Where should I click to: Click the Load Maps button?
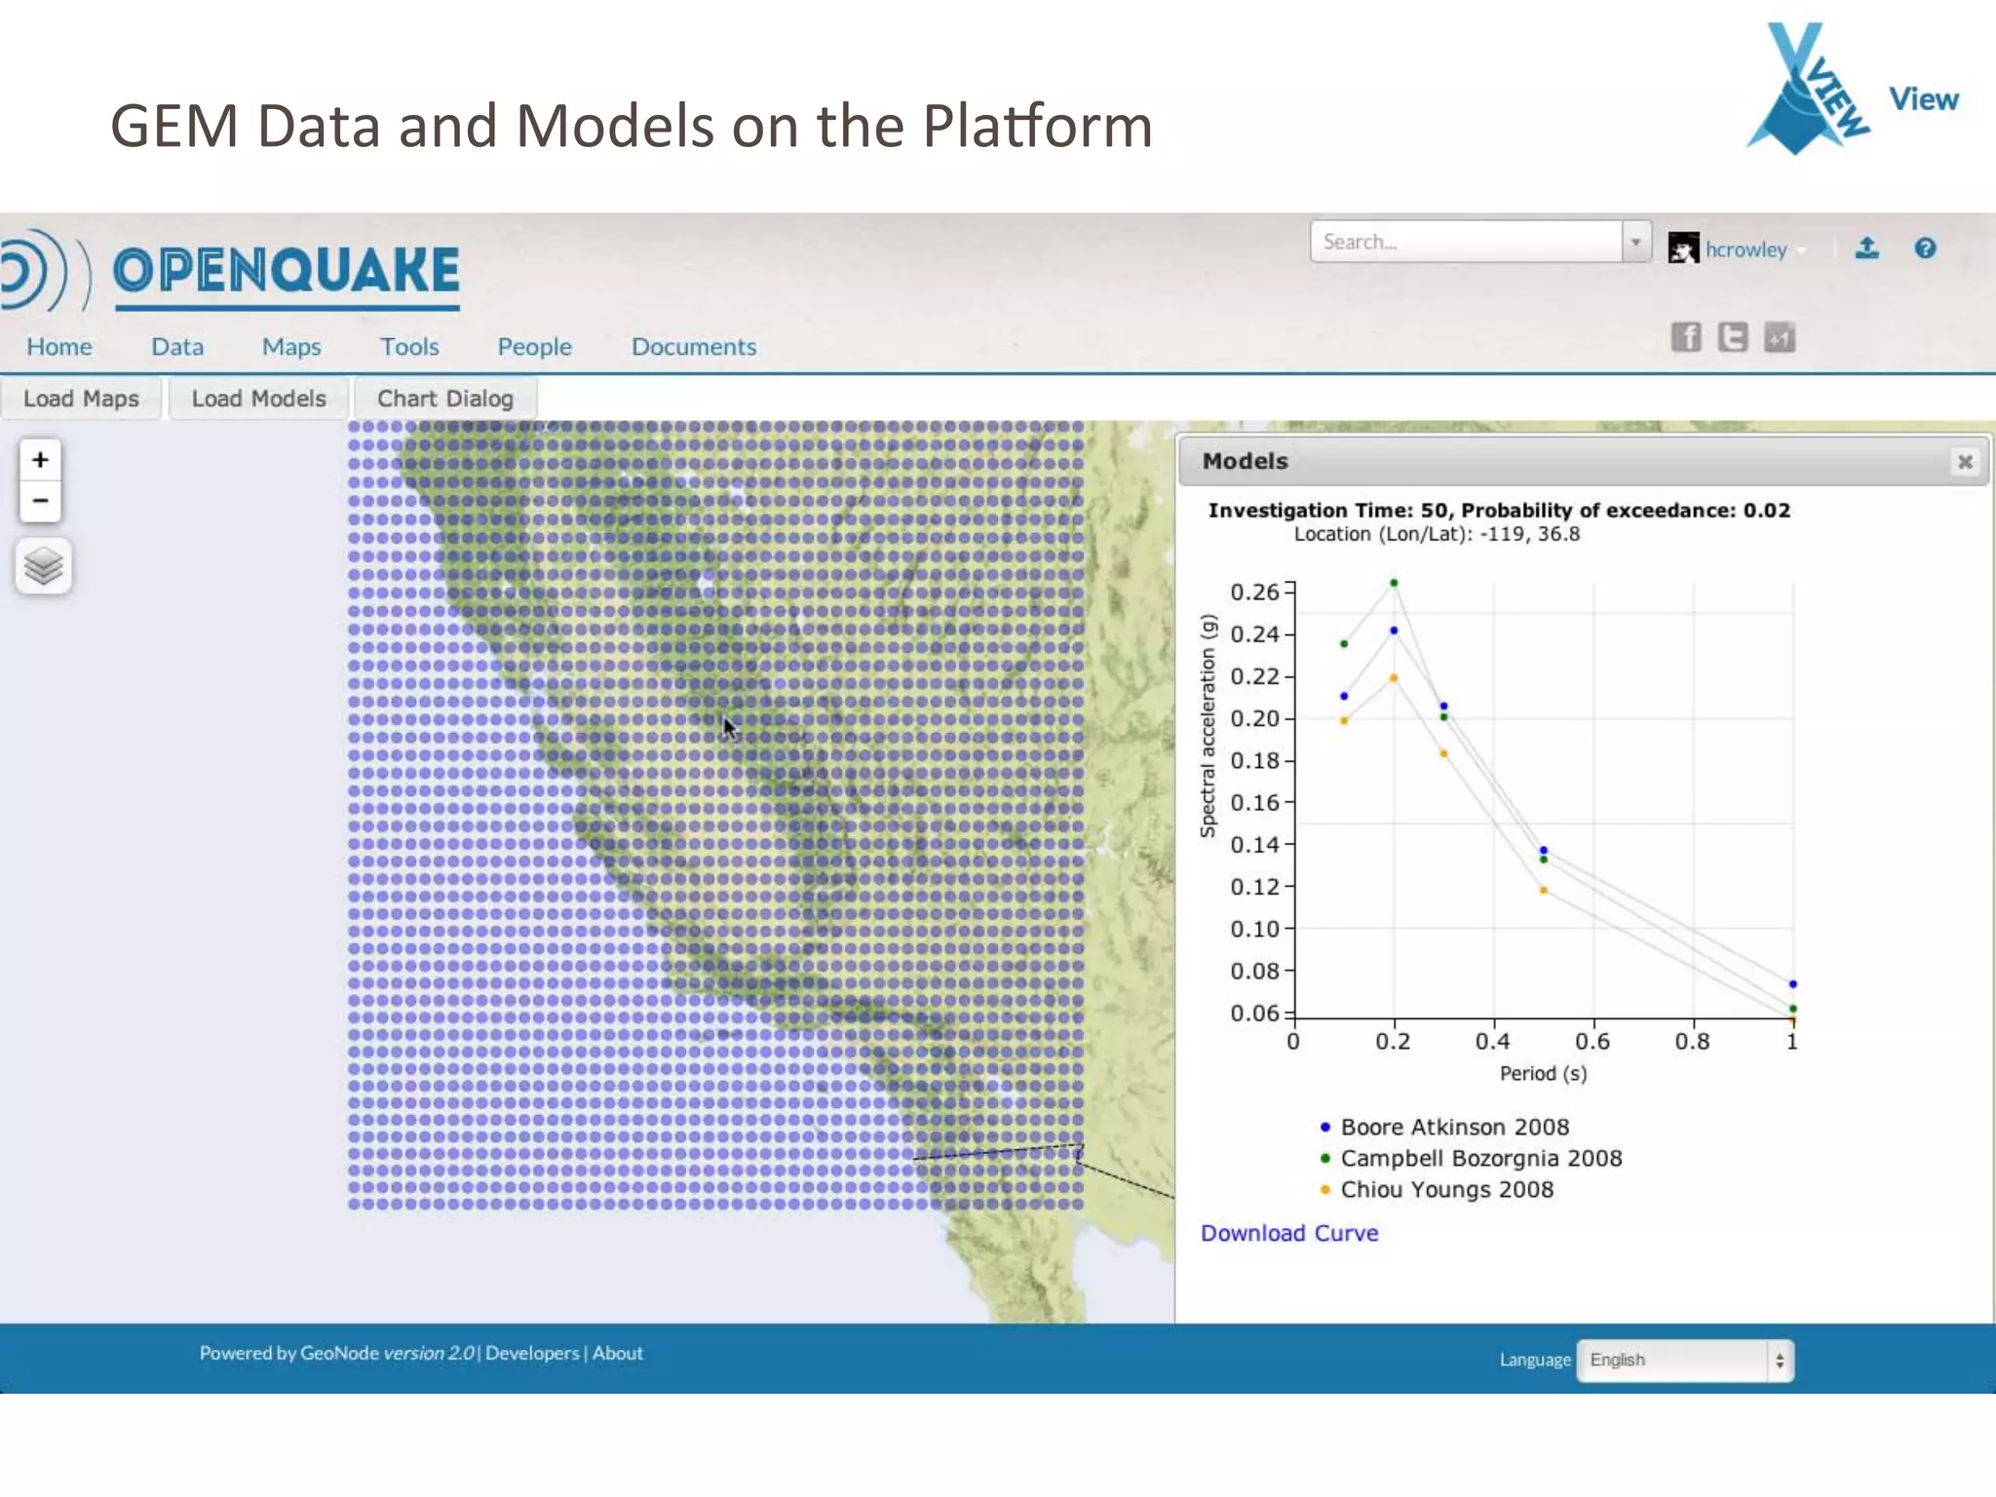click(x=81, y=399)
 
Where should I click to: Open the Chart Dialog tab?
click(x=444, y=399)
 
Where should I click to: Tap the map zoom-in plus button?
click(x=40, y=460)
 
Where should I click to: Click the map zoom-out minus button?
click(x=40, y=501)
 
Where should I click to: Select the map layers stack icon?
click(x=43, y=566)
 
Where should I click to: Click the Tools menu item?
click(x=409, y=347)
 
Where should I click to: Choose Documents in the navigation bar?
click(x=693, y=347)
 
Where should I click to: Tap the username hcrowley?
click(x=1746, y=250)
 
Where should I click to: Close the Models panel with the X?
click(x=1965, y=462)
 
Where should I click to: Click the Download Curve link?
click(x=1288, y=1233)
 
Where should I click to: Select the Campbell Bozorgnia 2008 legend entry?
click(x=1480, y=1159)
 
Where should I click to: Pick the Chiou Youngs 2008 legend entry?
click(x=1446, y=1190)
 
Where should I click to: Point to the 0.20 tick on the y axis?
click(x=1254, y=718)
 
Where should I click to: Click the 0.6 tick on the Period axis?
click(x=1593, y=1041)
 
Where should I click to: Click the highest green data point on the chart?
click(x=1394, y=583)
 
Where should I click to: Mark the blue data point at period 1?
click(x=1792, y=984)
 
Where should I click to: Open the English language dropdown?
click(x=1684, y=1361)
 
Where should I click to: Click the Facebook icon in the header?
click(x=1686, y=337)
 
